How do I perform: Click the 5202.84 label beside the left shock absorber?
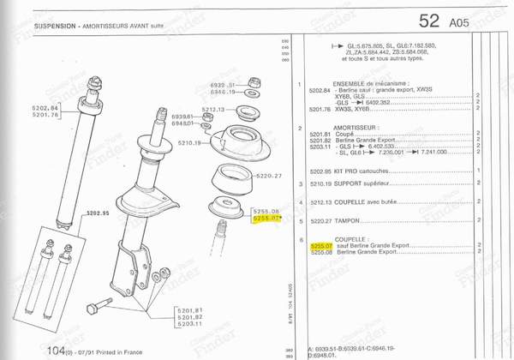click(43, 106)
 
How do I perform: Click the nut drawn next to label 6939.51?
click(254, 82)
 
